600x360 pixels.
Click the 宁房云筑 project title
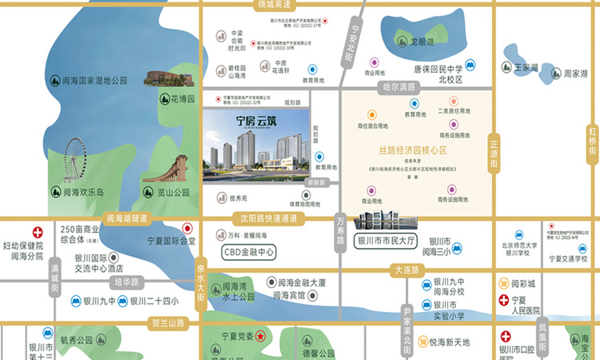click(250, 122)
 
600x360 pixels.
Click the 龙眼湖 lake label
click(421, 41)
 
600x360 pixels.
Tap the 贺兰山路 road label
click(168, 323)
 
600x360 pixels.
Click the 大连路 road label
click(406, 270)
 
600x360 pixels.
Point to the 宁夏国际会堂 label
click(170, 241)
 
